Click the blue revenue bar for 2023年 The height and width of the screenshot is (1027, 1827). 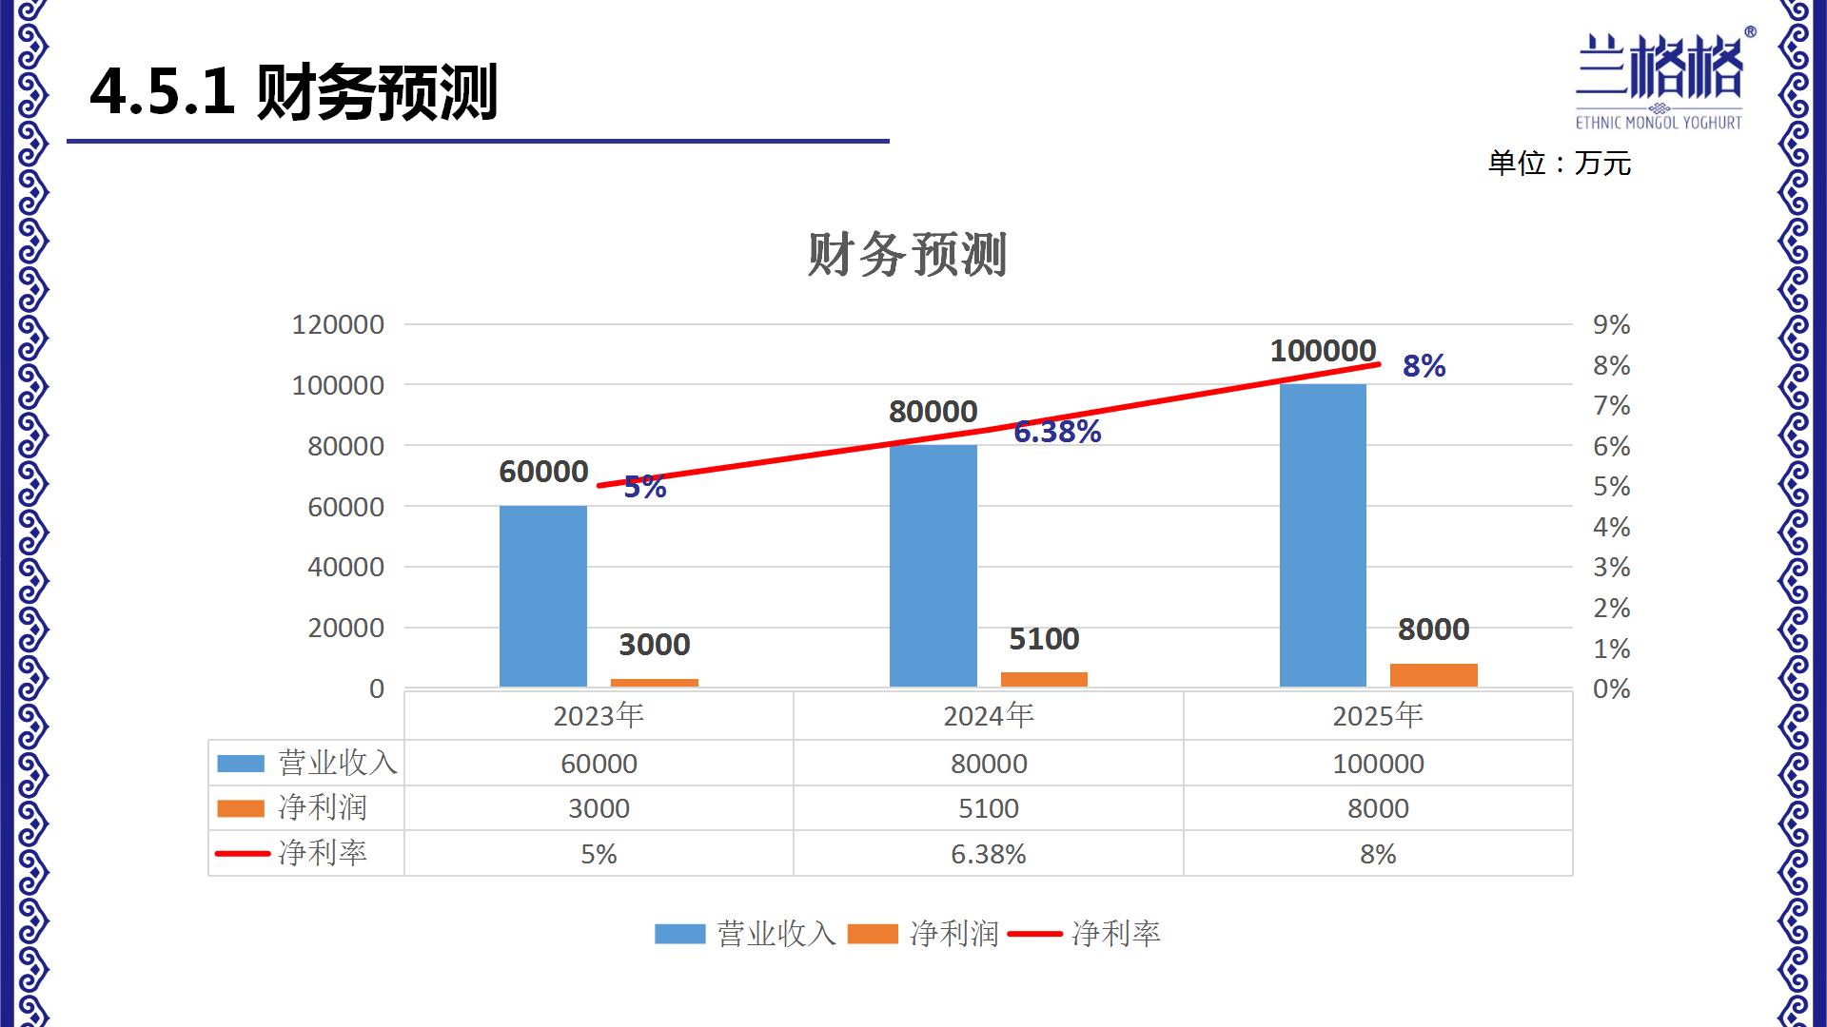(542, 596)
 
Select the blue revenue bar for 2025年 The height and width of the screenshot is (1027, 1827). (1323, 535)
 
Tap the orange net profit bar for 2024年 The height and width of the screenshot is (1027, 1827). (1044, 679)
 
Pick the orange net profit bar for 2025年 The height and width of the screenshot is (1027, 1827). (1433, 675)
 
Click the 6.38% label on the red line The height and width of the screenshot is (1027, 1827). (1057, 432)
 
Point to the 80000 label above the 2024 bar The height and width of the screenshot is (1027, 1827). (933, 412)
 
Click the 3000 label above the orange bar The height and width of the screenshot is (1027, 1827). (654, 645)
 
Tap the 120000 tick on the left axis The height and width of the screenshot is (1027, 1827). (338, 325)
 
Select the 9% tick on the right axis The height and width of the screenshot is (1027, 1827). (1611, 325)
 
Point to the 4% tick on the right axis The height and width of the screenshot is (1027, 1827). (1611, 527)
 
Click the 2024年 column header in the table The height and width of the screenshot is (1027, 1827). (988, 715)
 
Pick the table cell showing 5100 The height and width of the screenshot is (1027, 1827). (988, 808)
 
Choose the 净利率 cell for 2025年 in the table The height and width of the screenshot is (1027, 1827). (1377, 854)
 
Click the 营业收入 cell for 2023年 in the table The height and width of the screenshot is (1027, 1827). (599, 764)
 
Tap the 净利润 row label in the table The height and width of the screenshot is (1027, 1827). (322, 808)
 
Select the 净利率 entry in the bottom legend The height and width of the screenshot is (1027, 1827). (1085, 934)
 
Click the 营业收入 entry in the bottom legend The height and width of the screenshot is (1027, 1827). (745, 934)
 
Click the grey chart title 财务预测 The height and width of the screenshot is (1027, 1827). (907, 255)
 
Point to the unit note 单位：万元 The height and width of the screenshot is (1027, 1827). (1559, 164)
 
